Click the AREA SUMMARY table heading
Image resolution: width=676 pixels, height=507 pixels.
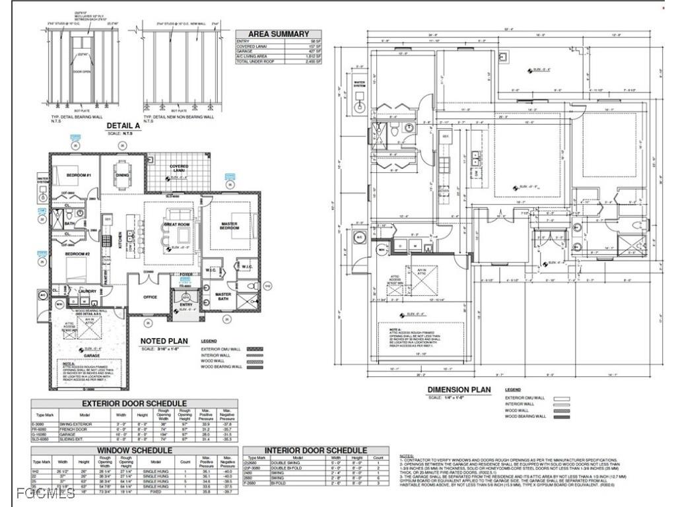(x=279, y=34)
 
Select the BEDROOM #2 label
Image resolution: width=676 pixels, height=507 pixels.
(x=77, y=253)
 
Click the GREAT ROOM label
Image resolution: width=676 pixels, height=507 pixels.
(x=177, y=224)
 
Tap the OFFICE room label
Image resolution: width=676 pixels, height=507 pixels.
(x=151, y=297)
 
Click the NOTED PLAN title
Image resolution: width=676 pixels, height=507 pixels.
(x=164, y=341)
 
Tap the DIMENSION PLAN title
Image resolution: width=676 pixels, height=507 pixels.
(x=459, y=389)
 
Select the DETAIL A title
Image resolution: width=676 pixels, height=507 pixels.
(x=123, y=125)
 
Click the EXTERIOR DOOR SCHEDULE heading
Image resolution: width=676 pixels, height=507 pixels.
(x=134, y=403)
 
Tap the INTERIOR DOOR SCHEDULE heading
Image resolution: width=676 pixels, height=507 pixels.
(x=316, y=450)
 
